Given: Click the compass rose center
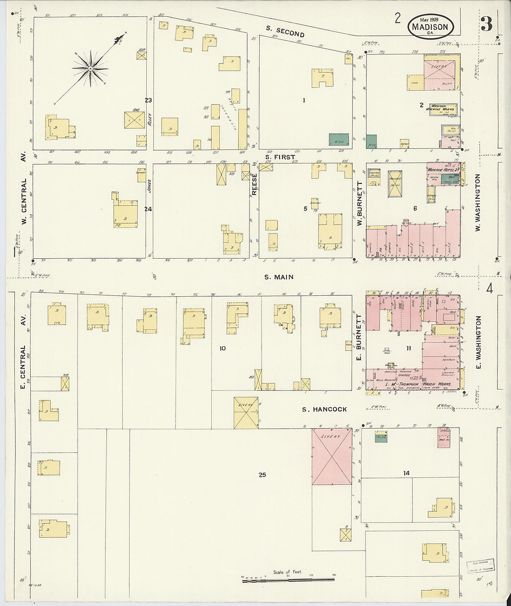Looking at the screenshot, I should click(x=91, y=69).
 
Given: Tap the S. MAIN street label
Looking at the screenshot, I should click(x=279, y=277).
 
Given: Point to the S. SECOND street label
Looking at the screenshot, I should click(x=285, y=31).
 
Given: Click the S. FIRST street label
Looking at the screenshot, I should click(x=280, y=157).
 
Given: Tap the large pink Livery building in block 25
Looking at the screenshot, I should click(x=331, y=456).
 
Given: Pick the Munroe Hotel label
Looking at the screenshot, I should click(x=441, y=170).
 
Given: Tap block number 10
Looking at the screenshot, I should click(x=223, y=348).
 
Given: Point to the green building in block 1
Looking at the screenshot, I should click(x=339, y=138).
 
